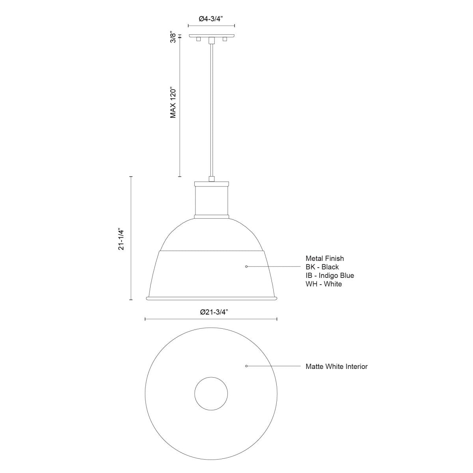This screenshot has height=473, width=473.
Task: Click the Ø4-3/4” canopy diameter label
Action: (211, 19)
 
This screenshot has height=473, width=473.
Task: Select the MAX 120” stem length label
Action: (173, 102)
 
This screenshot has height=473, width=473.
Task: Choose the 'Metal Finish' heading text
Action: (325, 259)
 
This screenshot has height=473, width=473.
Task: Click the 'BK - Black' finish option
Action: (322, 267)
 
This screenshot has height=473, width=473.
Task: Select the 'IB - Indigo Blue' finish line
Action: (330, 276)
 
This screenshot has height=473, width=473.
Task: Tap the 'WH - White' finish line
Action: (324, 284)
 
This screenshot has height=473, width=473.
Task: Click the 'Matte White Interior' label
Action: (337, 367)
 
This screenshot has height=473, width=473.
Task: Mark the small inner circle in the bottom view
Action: (211, 393)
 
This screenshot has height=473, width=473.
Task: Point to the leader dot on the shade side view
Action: (246, 267)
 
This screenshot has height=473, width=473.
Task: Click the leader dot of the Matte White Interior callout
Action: (246, 366)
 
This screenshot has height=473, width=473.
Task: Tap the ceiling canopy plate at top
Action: (212, 36)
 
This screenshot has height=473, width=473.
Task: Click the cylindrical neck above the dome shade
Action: (212, 200)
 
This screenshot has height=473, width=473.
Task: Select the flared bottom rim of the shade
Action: (212, 298)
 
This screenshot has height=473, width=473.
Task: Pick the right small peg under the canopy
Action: (225, 39)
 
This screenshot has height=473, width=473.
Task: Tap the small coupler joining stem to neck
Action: (212, 179)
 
